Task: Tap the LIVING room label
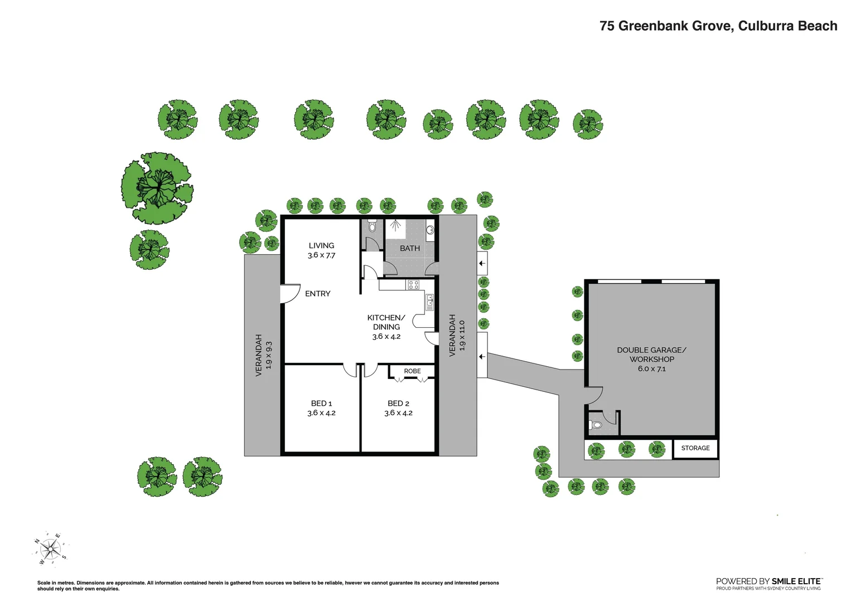pos(321,245)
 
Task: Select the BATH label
pos(409,248)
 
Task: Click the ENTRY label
pos(317,294)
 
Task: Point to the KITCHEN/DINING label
pos(386,322)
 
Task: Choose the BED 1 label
pos(321,403)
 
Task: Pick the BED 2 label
pos(398,403)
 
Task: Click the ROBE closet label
pos(412,371)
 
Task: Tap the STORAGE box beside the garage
pos(695,448)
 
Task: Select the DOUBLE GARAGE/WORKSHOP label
pos(651,355)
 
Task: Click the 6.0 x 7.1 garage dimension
pos(651,369)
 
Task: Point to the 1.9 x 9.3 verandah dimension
pos(269,355)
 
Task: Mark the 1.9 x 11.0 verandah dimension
pos(462,335)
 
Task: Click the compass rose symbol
pos(50,550)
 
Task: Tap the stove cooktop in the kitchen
pos(413,285)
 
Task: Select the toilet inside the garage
pos(596,425)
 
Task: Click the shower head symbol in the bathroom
pos(395,226)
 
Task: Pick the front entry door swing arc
pos(290,294)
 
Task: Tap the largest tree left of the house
pos(157,188)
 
